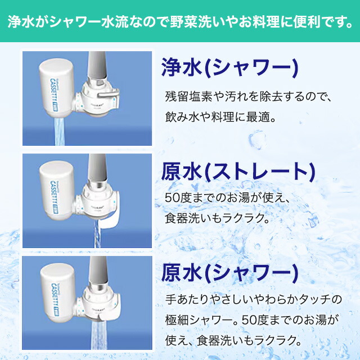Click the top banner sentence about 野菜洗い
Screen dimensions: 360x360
pos(180,23)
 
